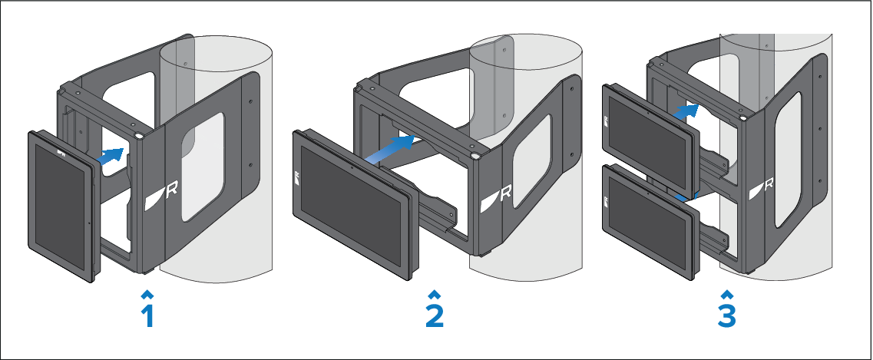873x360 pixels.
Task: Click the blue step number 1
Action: point(147,316)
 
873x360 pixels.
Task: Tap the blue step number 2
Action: point(435,316)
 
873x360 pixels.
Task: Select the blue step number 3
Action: point(726,316)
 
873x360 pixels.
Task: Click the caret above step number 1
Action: point(147,294)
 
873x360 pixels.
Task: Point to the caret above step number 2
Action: point(435,294)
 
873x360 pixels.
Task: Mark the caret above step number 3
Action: point(726,294)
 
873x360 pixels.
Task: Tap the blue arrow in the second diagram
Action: point(392,147)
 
